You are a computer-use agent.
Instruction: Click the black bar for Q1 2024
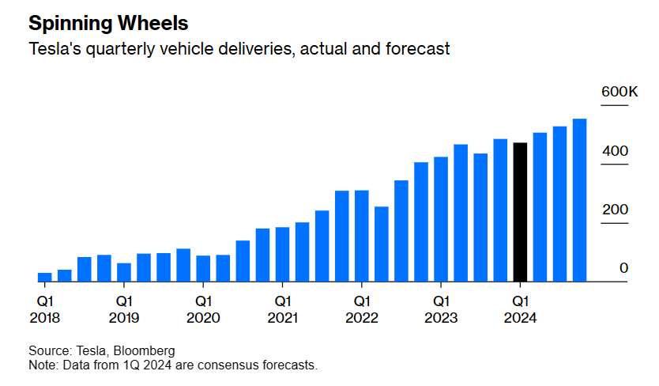520,212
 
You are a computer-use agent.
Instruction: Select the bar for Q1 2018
45,277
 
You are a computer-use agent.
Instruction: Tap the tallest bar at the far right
579,200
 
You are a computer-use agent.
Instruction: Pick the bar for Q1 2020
203,268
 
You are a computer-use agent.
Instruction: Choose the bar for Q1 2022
362,236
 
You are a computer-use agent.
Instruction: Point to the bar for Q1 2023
441,219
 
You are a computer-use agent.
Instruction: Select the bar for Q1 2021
283,254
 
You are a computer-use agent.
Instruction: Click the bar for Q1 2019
124,272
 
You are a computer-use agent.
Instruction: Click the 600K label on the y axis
619,93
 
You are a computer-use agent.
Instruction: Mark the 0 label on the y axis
623,268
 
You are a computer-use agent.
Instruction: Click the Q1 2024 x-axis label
520,309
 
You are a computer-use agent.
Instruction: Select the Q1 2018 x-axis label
45,309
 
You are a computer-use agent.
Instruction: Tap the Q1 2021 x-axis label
283,309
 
